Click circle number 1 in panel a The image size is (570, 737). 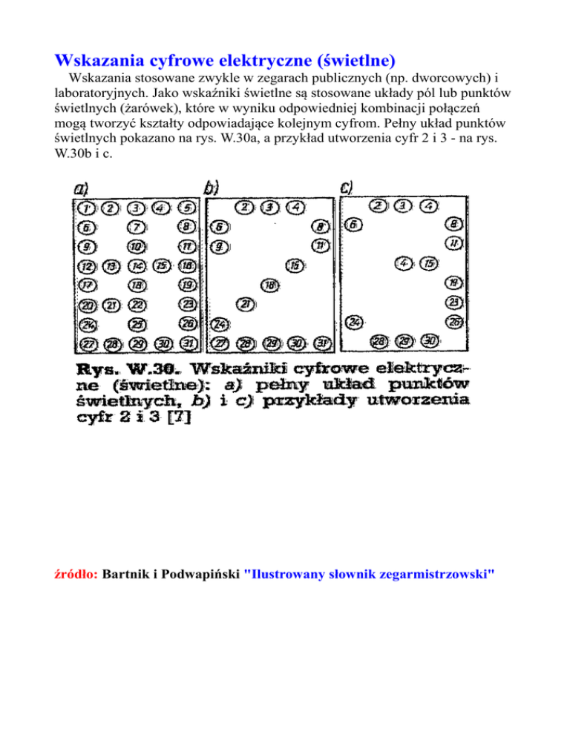pos(85,207)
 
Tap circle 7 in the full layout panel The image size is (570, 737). pos(136,227)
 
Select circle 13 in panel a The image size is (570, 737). pos(111,265)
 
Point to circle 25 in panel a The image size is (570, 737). pos(137,323)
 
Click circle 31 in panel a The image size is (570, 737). pos(188,343)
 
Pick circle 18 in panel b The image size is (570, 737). pos(270,285)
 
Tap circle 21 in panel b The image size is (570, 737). pos(245,303)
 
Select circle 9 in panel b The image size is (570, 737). pos(220,246)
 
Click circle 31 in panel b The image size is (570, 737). pos(321,343)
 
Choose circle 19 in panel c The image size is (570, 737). pos(453,282)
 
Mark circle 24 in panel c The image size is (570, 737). pos(355,322)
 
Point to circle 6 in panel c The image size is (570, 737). pos(355,224)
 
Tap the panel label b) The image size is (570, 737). pos(211,188)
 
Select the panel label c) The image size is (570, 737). pos(346,188)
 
